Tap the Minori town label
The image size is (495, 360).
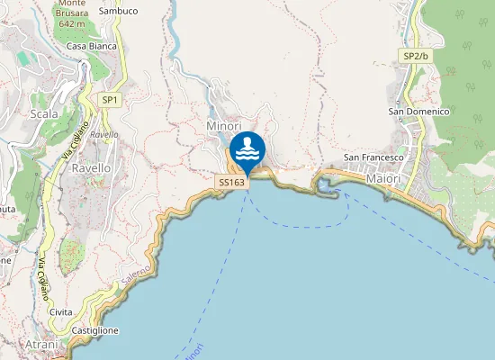[224, 126]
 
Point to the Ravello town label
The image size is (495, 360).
[91, 168]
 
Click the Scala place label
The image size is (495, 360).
[44, 114]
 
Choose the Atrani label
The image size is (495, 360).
[42, 345]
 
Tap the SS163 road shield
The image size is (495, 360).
[231, 182]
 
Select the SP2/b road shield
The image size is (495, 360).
[416, 56]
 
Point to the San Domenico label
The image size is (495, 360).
[418, 112]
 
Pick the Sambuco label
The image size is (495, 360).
[119, 11]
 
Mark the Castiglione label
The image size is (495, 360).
[95, 331]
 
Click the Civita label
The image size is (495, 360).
[61, 311]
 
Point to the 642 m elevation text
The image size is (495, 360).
[71, 24]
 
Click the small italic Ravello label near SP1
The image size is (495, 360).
[104, 135]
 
